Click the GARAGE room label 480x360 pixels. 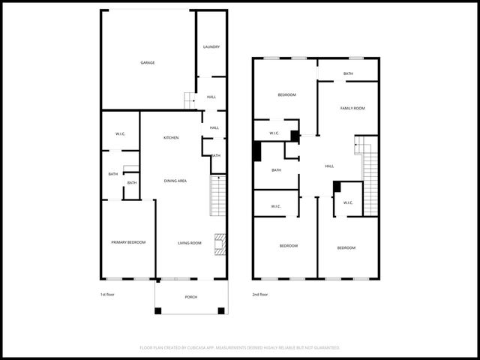(148, 62)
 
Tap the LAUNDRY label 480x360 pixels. (211, 47)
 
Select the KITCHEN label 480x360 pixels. (171, 138)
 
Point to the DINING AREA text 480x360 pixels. (175, 181)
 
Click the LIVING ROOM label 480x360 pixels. (190, 243)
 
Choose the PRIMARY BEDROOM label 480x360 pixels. (128, 242)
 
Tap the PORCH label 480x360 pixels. (191, 297)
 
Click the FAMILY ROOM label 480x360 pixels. (352, 109)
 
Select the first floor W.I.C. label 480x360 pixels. (120, 134)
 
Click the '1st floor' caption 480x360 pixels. (107, 295)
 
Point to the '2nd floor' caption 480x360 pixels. (260, 295)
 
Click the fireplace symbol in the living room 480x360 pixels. (219, 243)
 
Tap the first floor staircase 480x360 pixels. (217, 195)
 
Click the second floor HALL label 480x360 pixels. (329, 166)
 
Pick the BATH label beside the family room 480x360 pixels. (348, 73)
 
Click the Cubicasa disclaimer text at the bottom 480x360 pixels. (240, 348)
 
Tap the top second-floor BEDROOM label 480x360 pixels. (286, 94)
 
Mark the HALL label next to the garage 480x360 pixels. (211, 97)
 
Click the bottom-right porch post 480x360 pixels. (221, 310)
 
